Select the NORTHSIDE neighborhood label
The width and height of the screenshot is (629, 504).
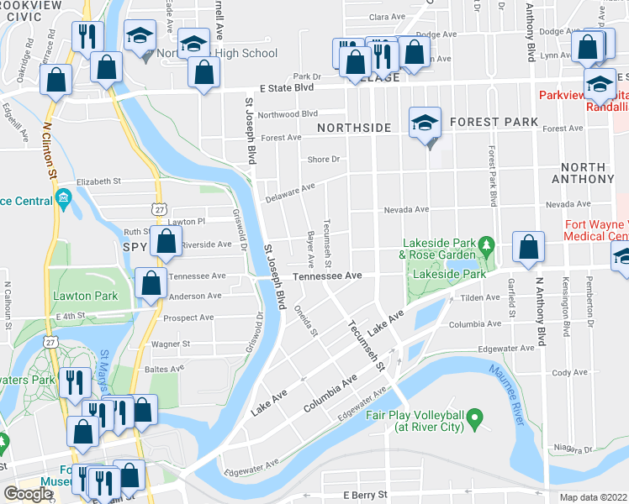click(x=354, y=127)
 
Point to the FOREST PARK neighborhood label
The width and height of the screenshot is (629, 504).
click(x=494, y=122)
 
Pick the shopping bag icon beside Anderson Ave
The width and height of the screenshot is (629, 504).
click(x=150, y=285)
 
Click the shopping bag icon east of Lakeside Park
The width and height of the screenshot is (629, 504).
click(x=528, y=247)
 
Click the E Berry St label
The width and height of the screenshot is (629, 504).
click(x=359, y=495)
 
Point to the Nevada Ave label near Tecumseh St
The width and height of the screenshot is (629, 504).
click(x=405, y=209)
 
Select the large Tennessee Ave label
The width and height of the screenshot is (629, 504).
click(x=327, y=276)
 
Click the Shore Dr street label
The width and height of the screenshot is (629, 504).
click(x=323, y=159)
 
